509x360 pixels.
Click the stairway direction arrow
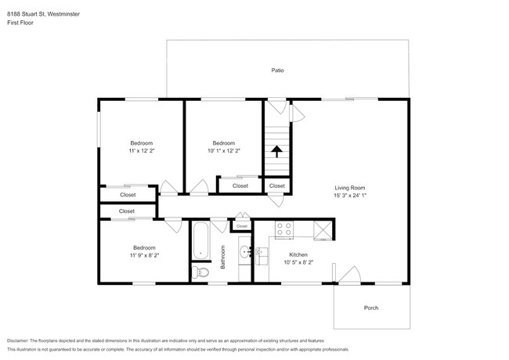pyautogui.click(x=276, y=152)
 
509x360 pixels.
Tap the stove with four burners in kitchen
pyautogui.click(x=283, y=229)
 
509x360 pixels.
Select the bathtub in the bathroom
pyautogui.click(x=200, y=240)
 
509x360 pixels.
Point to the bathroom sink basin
pyautogui.click(x=244, y=252)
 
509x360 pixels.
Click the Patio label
pyautogui.click(x=277, y=70)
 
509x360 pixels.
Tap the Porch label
pyautogui.click(x=371, y=308)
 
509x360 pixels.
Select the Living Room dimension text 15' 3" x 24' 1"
pyautogui.click(x=350, y=196)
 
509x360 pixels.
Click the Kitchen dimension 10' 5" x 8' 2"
pyautogui.click(x=298, y=262)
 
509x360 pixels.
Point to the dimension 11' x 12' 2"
pyautogui.click(x=142, y=151)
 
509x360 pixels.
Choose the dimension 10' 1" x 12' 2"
pyautogui.click(x=224, y=151)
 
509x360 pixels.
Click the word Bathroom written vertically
pyautogui.click(x=223, y=257)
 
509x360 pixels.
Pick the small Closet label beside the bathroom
pyautogui.click(x=242, y=226)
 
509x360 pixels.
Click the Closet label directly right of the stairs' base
pyautogui.click(x=277, y=186)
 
